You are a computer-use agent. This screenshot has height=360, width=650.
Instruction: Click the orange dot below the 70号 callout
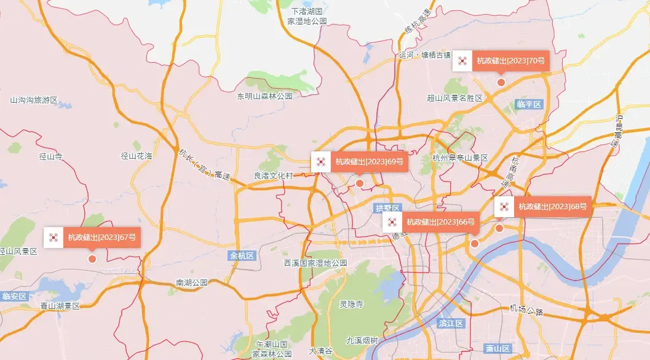click(x=501, y=82)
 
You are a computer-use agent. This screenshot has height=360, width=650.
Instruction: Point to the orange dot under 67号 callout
click(x=93, y=259)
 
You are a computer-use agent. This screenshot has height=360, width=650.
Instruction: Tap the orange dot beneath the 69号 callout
click(x=360, y=183)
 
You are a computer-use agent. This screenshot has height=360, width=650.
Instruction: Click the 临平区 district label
click(x=529, y=105)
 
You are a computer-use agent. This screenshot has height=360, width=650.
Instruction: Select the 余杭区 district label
click(x=242, y=255)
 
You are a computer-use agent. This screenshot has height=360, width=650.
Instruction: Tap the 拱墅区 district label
click(x=387, y=209)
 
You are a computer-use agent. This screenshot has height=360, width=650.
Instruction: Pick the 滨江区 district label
click(x=451, y=323)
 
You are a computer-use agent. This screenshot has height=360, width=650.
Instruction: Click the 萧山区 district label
click(x=497, y=349)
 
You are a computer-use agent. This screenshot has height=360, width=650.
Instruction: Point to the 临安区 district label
click(x=14, y=297)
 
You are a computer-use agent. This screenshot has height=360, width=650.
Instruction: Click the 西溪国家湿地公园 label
click(x=315, y=263)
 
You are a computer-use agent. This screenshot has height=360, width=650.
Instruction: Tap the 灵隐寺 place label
click(x=351, y=304)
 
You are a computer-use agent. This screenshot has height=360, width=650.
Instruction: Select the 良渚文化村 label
click(x=274, y=175)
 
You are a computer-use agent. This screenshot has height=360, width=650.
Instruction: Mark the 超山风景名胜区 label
click(x=454, y=98)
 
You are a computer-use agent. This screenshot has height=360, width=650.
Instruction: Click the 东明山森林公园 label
click(x=265, y=96)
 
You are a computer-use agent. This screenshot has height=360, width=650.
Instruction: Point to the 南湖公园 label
click(x=192, y=283)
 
